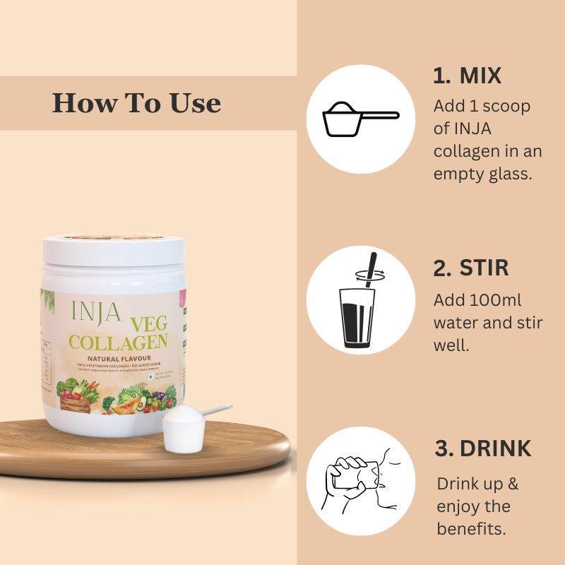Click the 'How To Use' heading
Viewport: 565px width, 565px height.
click(136, 103)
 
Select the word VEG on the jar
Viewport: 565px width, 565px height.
click(148, 326)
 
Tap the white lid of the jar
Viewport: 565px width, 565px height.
click(112, 250)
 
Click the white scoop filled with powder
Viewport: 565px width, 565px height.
click(177, 430)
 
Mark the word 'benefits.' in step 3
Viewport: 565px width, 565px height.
click(471, 529)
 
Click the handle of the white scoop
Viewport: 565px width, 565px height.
click(215, 410)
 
